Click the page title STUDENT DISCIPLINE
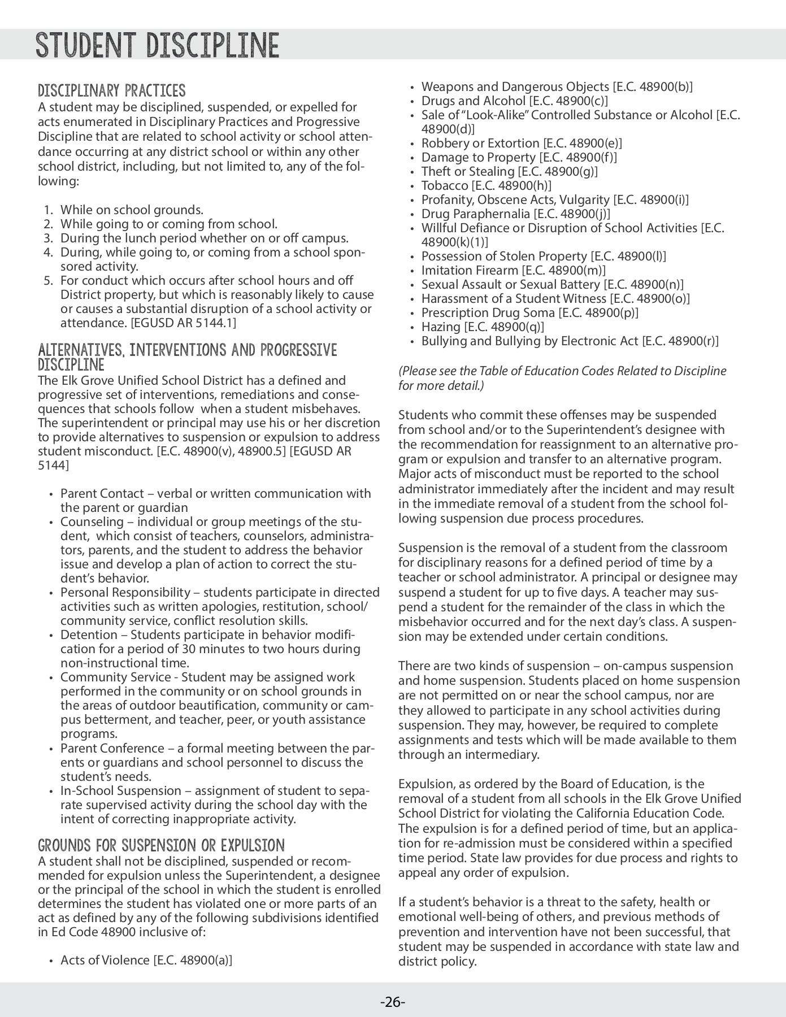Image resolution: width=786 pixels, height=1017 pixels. [157, 45]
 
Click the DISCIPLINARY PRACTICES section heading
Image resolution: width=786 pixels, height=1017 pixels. [111, 90]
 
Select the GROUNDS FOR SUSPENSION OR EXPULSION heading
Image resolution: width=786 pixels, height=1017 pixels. [161, 846]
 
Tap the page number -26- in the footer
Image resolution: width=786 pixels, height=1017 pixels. [393, 1002]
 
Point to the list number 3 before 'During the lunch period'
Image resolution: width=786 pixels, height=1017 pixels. [49, 238]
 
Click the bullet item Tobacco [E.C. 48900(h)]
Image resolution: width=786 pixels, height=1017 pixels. [487, 186]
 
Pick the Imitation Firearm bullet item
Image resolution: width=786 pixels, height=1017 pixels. [513, 271]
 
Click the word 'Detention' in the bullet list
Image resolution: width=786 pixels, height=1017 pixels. [88, 635]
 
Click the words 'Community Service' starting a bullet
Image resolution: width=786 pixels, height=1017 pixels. [115, 677]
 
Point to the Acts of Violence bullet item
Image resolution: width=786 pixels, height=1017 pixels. [146, 960]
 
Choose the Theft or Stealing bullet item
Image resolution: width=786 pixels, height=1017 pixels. [509, 172]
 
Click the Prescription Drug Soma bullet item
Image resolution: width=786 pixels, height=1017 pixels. [529, 313]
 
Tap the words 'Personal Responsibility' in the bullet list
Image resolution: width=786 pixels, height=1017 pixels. [125, 593]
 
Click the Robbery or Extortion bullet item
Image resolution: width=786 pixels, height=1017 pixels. [522, 144]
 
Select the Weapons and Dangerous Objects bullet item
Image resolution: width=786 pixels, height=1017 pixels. [557, 87]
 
